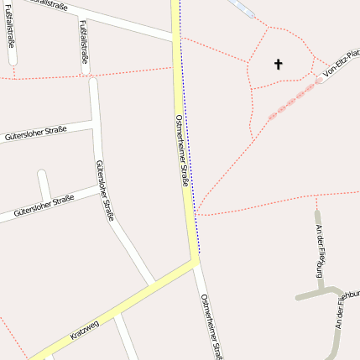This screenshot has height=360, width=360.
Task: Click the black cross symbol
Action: pyautogui.click(x=278, y=63)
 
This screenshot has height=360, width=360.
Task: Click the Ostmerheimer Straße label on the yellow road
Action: pyautogui.click(x=183, y=150)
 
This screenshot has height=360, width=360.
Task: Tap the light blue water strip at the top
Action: pyautogui.click(x=240, y=7)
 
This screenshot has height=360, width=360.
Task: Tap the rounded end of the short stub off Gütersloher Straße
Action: pyautogui.click(x=41, y=175)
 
